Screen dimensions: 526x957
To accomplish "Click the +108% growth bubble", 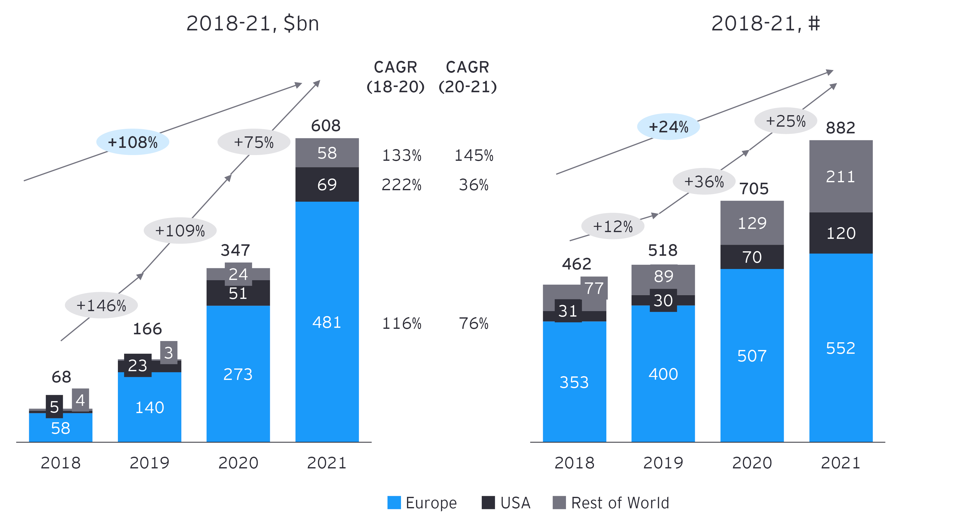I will pos(133,142).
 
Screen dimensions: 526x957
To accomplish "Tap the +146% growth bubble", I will pos(101,305).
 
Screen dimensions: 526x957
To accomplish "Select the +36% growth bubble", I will pos(704,182).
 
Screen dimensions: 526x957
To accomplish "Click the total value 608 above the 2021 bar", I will pos(326,126).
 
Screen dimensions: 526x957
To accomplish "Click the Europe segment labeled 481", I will pos(327,322).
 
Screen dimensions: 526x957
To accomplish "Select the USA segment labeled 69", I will pos(327,184).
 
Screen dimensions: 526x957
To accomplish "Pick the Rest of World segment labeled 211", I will pos(840,176).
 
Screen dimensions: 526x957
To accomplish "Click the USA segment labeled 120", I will pos(841,233).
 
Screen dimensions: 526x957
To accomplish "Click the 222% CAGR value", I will pos(401,185).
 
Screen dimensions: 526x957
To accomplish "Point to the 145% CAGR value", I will pos(474,155).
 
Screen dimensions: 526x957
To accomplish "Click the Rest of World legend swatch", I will pos(559,503).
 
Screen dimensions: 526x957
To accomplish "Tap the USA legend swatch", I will pos(488,503).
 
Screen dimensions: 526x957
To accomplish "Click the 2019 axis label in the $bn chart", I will pos(149,463).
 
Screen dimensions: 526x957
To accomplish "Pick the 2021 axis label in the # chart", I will pos(840,463).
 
